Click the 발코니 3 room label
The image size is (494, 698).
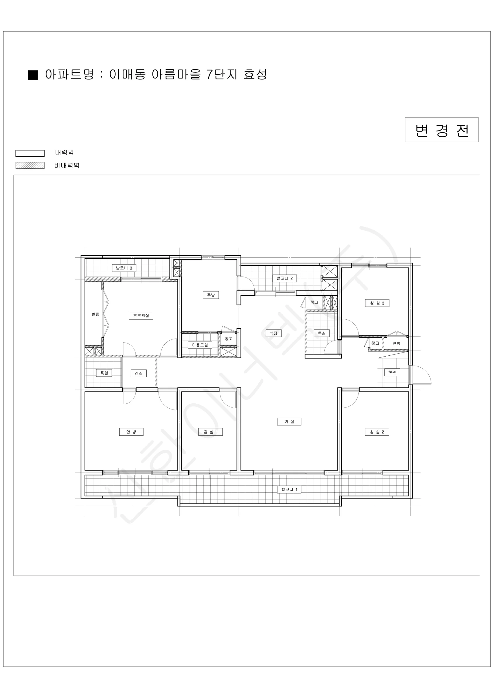tap(124, 268)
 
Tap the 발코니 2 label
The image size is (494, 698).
tap(285, 278)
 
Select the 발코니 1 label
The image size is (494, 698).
tap(289, 489)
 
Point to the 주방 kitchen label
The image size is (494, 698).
tap(211, 295)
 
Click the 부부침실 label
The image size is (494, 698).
tap(141, 316)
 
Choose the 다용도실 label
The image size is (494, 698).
tap(200, 345)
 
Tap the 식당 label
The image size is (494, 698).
tap(273, 333)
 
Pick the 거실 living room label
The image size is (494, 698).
tap(289, 421)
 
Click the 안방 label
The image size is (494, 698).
tap(131, 432)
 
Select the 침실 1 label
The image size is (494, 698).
tap(211, 432)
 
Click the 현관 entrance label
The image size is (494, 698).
tap(392, 372)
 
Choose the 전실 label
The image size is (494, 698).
tap(139, 373)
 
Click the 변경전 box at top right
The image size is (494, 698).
tap(442, 130)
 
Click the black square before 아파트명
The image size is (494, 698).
tap(33, 75)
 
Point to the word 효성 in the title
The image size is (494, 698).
tap(255, 74)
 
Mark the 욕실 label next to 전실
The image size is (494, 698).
tap(104, 373)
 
